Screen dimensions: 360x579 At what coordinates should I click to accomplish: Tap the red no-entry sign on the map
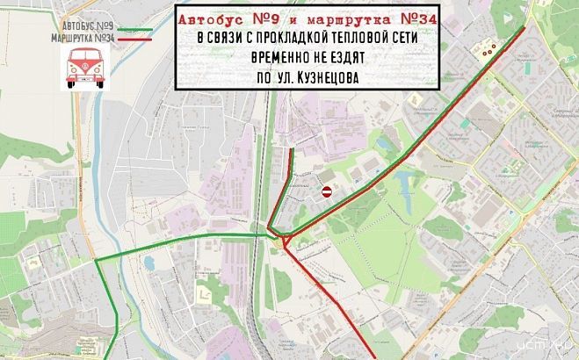(x=326, y=191)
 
